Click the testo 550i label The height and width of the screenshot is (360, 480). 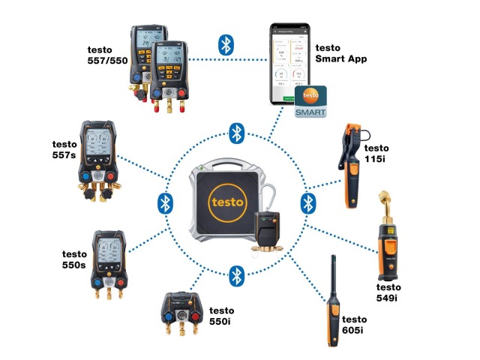221,316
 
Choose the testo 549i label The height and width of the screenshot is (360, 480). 388,292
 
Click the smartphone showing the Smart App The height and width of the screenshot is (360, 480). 291,66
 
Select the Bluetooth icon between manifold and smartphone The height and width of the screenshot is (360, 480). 224,44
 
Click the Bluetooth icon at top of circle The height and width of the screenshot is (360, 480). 237,133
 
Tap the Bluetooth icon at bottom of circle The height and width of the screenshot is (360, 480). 237,274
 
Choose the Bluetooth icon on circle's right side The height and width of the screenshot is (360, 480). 307,203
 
